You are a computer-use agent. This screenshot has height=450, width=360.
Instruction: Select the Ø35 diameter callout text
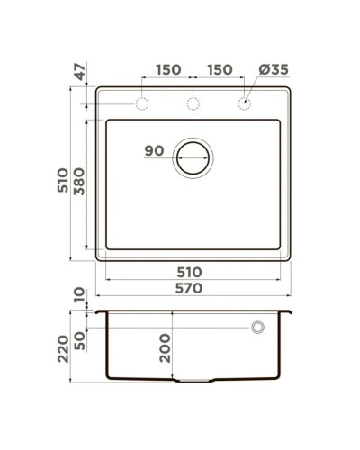tap(274, 70)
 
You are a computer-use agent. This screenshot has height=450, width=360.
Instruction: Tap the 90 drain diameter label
tap(153, 151)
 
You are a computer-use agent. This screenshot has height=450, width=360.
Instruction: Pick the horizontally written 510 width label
tap(188, 271)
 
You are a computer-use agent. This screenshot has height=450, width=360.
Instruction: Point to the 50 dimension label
tap(81, 341)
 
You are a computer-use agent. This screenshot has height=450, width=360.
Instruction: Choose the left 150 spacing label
tap(167, 70)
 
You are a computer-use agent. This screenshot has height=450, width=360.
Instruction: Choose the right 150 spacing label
tap(220, 70)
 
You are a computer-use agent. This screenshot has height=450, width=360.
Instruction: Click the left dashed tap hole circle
tap(142, 104)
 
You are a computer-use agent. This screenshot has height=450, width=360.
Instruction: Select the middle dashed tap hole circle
tap(193, 104)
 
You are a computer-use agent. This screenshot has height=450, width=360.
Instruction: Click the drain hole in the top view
tap(193, 157)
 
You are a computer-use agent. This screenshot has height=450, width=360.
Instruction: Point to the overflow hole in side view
tap(257, 326)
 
